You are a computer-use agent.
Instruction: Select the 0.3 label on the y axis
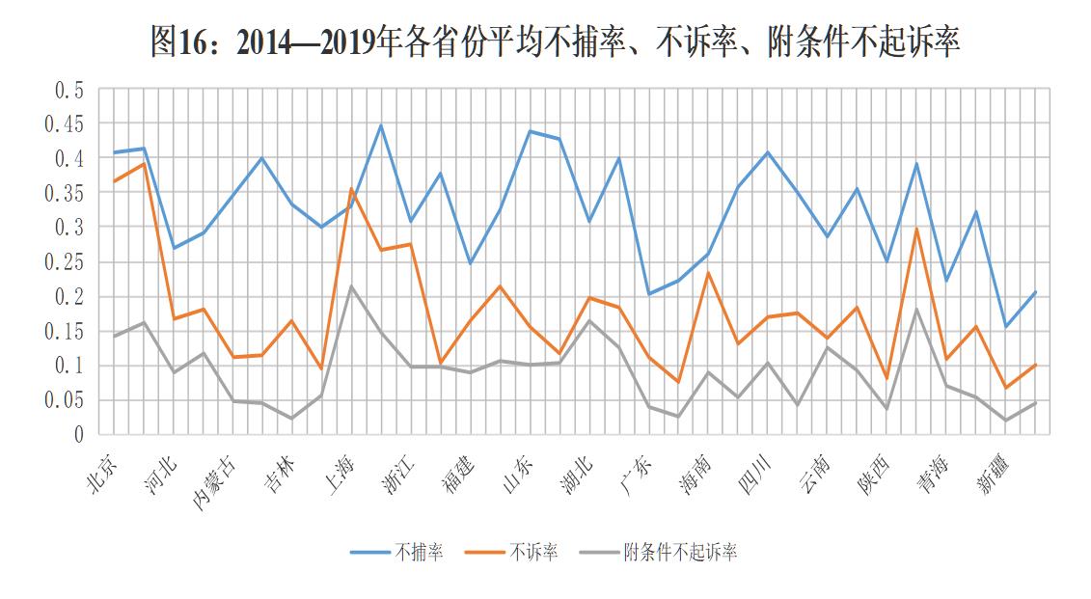pyautogui.click(x=70, y=228)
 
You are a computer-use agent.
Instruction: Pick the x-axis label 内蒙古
pyautogui.click(x=215, y=479)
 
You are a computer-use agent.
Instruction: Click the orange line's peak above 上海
pyautogui.click(x=351, y=190)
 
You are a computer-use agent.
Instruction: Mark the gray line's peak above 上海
pyautogui.click(x=351, y=286)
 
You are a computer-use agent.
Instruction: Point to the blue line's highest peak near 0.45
pyautogui.click(x=381, y=125)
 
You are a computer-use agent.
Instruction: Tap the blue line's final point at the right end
pyautogui.click(x=1036, y=291)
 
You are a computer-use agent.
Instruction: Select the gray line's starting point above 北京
pyautogui.click(x=114, y=336)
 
